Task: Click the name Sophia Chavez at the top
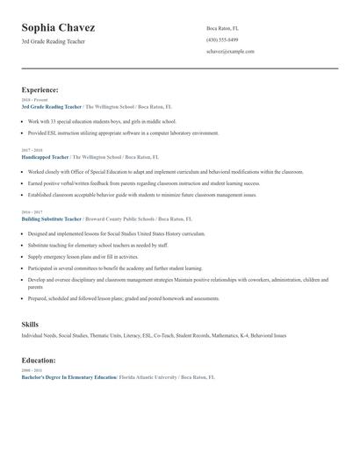(59, 28)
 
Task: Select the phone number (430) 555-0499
(221, 39)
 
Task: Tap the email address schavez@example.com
(230, 51)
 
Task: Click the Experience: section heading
(40, 89)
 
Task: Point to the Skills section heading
(30, 325)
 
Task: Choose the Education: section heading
(39, 360)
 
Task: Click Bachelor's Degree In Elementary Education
(68, 376)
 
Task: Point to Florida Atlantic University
(148, 376)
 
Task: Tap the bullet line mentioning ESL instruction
(123, 132)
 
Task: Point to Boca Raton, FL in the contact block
(222, 28)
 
